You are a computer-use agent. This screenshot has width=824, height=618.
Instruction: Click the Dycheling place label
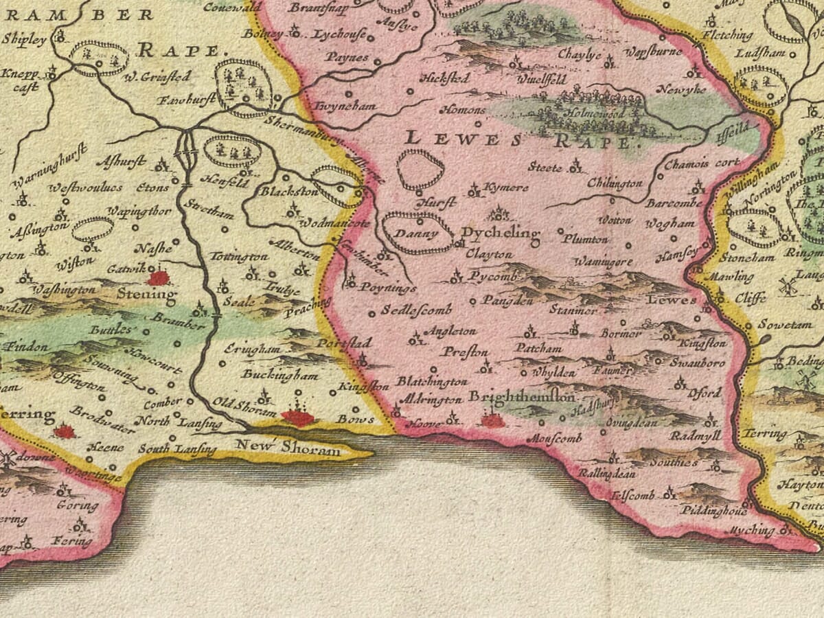(500, 233)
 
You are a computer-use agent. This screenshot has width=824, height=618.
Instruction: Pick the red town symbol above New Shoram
(297, 416)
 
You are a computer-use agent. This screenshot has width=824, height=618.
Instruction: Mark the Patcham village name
(539, 348)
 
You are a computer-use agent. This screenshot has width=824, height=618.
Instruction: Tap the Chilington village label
(615, 183)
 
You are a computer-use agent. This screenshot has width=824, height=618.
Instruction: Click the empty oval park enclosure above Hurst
(420, 170)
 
